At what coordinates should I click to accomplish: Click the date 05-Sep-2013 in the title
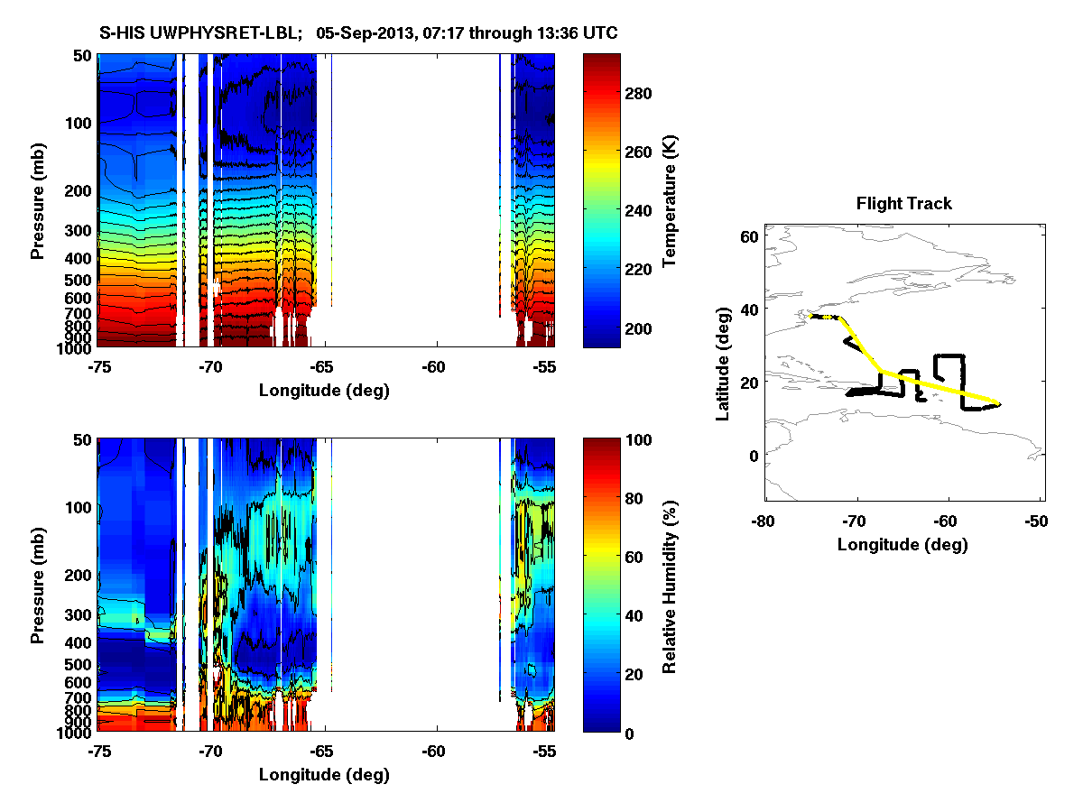367,33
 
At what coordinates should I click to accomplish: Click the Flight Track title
903,204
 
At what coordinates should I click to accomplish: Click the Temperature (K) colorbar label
670,201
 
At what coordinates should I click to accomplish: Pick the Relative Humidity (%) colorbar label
670,585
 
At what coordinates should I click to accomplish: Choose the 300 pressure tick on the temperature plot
79,231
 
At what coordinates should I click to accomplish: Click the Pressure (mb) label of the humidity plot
38,585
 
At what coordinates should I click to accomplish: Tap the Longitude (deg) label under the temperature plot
324,391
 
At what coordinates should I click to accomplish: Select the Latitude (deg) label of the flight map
722,363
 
